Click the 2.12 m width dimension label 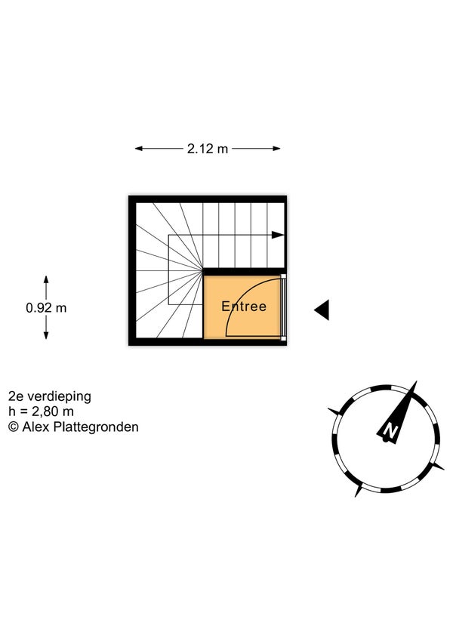point(208,149)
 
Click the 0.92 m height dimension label point(46,308)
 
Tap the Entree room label point(244,307)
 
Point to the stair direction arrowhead point(278,235)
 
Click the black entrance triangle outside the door point(322,310)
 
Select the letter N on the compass point(390,430)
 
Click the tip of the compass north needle point(417,381)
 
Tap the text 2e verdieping point(50,396)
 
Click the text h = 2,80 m point(41,411)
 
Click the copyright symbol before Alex point(14,427)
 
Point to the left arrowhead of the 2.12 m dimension point(139,149)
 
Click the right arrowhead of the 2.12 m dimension point(276,149)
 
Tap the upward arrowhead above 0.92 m point(46,280)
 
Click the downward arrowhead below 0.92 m point(46,335)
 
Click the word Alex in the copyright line point(36,427)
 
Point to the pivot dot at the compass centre point(385,440)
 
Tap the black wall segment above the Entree point(244,272)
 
